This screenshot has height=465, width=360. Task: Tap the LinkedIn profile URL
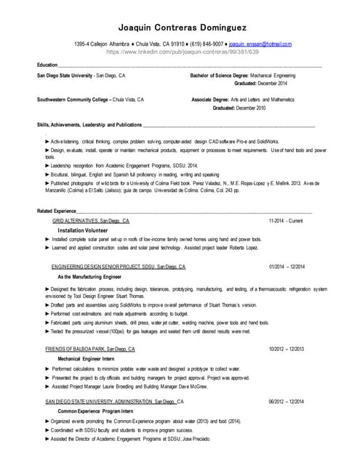point(181,52)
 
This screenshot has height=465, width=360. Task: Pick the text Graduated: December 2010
point(239,108)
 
